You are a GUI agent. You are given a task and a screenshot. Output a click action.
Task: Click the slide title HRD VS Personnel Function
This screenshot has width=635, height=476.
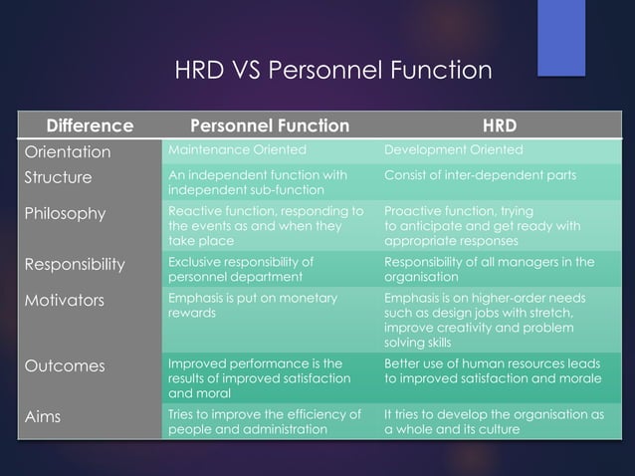(333, 71)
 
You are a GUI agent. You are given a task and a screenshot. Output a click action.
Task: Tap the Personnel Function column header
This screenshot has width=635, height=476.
(270, 126)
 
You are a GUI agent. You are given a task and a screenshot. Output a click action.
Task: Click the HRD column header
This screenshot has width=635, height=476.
(499, 126)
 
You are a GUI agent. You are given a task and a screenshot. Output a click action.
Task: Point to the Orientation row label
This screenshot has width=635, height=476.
(67, 152)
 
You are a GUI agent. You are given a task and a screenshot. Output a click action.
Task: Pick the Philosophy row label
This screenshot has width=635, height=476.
(65, 214)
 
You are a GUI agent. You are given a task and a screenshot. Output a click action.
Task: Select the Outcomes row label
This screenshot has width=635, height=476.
(64, 365)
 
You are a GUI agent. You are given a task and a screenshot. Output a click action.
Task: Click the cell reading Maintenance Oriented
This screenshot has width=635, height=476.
(235, 150)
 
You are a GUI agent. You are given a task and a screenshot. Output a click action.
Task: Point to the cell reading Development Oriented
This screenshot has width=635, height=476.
(453, 150)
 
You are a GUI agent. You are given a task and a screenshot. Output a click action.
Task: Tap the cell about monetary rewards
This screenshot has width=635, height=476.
(252, 305)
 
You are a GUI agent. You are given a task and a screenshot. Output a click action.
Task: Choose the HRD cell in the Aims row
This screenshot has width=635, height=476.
(494, 421)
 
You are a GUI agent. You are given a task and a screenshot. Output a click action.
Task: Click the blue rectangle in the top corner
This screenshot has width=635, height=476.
(561, 36)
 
